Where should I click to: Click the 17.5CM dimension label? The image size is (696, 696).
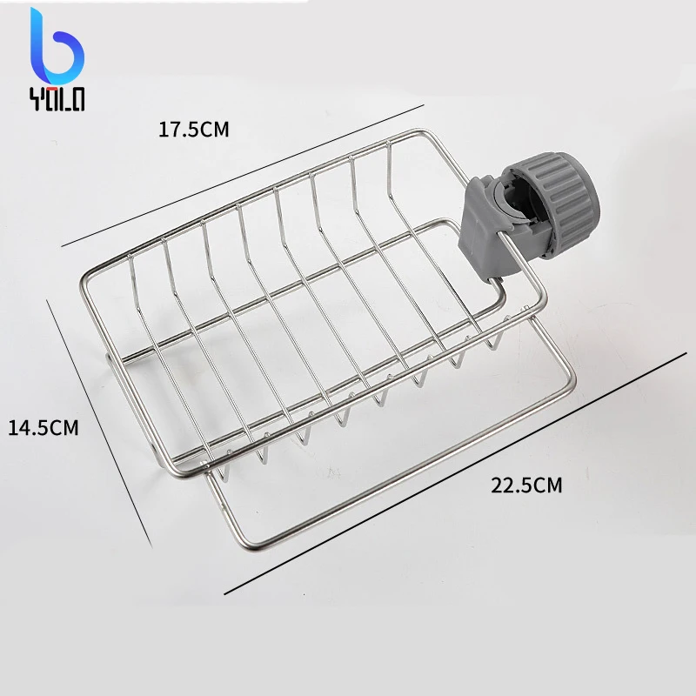click(x=193, y=130)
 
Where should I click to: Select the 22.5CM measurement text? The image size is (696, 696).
click(x=526, y=485)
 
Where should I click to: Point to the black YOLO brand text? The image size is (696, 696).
click(x=57, y=99)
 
